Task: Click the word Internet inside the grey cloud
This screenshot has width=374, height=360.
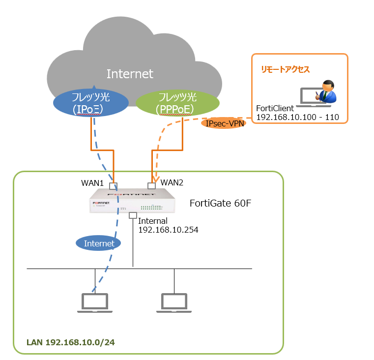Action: coord(130,74)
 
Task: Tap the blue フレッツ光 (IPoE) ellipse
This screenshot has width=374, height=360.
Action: coord(91,103)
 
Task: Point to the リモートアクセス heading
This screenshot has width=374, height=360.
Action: coord(285,70)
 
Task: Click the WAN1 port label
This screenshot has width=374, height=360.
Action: coord(92,183)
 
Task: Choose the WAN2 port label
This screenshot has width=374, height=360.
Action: coord(172,183)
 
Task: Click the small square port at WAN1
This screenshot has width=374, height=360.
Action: coord(114,186)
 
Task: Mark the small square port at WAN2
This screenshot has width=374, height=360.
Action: coord(151,186)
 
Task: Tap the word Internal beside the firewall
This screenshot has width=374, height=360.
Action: coord(153,221)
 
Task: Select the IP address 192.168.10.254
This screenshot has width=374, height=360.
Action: coord(168,230)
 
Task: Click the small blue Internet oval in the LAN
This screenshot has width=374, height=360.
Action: coord(99,243)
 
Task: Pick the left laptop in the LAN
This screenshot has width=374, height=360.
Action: coord(95,302)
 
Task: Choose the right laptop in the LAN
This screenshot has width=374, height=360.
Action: coord(174,302)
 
